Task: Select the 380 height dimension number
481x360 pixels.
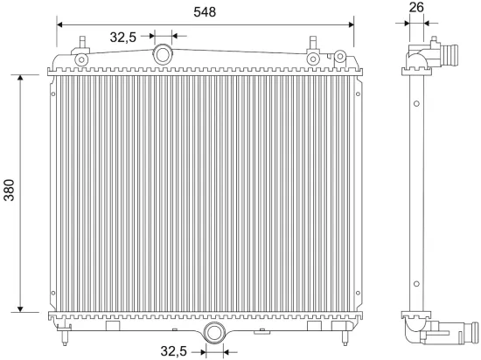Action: coord(10,193)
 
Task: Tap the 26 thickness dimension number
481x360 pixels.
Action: coord(416,8)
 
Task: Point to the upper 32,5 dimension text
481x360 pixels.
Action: coord(123,36)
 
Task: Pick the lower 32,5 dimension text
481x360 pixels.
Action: coord(173,351)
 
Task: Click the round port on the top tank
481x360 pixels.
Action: coord(163,55)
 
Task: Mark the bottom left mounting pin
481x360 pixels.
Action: coord(68,336)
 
